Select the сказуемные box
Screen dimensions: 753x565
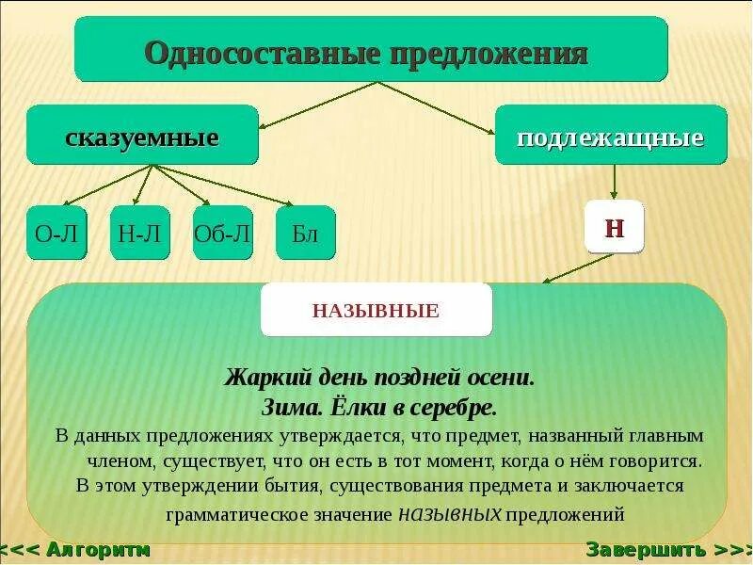pyautogui.click(x=142, y=136)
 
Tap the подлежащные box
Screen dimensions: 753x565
pyautogui.click(x=611, y=136)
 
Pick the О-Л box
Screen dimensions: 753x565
pyautogui.click(x=56, y=233)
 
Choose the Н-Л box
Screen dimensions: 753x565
pyautogui.click(x=139, y=233)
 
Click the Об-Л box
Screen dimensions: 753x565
pyautogui.click(x=222, y=233)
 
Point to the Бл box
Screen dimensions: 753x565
pyautogui.click(x=305, y=233)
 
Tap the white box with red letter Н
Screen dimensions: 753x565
pyautogui.click(x=614, y=227)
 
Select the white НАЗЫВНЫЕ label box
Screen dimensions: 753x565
pyautogui.click(x=376, y=310)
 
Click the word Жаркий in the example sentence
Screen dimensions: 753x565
pyautogui.click(x=254, y=379)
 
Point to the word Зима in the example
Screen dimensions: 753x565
pyautogui.click(x=289, y=408)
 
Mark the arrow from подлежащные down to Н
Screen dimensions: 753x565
pyautogui.click(x=614, y=182)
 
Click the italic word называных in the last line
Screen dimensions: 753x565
pyautogui.click(x=451, y=514)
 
